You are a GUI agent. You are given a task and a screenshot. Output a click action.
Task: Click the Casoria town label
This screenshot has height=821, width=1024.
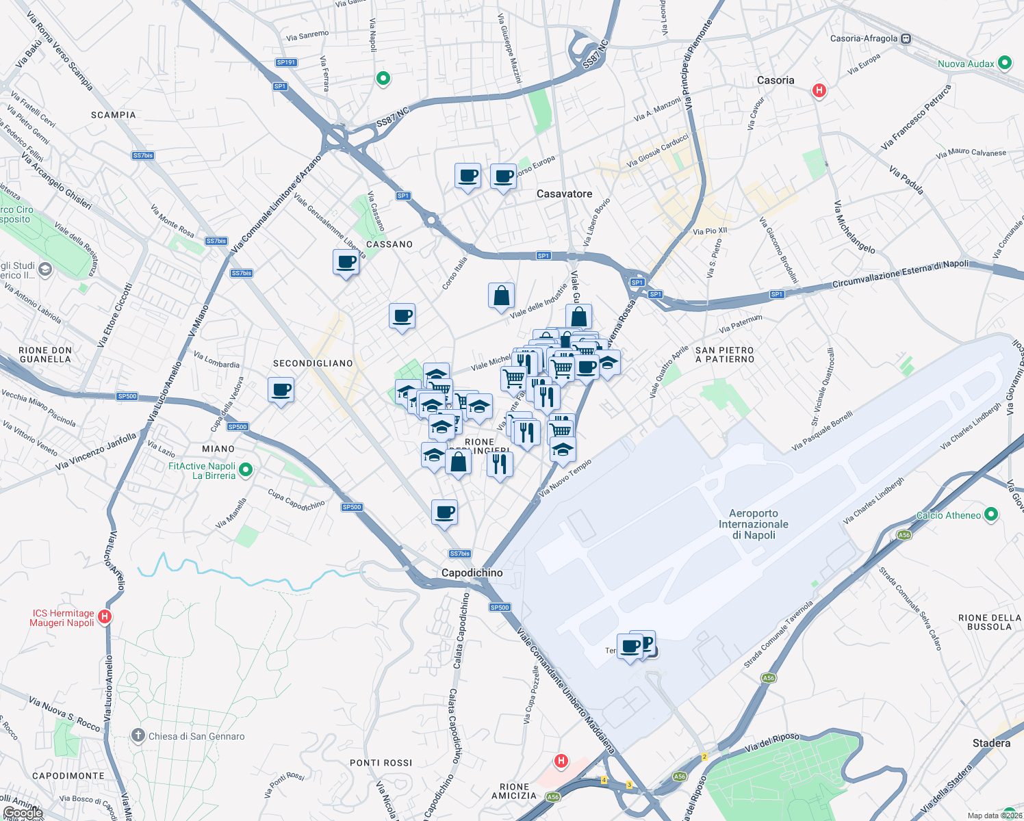776,80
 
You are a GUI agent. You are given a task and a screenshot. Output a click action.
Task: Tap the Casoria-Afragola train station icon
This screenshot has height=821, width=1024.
906,39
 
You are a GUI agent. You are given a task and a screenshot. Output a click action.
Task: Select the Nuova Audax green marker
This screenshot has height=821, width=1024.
1005,63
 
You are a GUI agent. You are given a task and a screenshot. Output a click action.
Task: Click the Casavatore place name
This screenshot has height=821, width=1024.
564,194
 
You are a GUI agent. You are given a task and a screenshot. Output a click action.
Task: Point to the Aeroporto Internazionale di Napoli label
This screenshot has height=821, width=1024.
753,524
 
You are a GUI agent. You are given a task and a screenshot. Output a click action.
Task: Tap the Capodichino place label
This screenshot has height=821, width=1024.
472,573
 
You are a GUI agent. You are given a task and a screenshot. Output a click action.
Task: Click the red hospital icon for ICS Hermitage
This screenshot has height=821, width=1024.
105,617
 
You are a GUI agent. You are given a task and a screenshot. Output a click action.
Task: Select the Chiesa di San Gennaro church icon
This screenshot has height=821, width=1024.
138,736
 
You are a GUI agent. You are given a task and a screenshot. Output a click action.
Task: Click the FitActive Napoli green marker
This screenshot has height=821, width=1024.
246,470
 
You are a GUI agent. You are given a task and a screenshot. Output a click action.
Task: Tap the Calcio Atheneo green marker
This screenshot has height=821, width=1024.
991,515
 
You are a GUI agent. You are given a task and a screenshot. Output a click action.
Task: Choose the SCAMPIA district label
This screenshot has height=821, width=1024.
114,115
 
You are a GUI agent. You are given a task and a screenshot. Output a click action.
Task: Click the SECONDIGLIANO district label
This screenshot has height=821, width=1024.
313,363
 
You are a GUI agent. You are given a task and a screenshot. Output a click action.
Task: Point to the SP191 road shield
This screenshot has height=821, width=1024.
286,62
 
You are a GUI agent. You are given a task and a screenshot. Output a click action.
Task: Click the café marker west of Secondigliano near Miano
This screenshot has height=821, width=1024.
281,390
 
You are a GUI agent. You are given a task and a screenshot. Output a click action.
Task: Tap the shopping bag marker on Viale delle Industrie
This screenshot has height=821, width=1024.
501,296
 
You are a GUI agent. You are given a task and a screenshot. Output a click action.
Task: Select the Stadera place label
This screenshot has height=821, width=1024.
991,743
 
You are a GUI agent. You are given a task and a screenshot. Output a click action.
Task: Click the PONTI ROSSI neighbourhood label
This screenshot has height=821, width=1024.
381,763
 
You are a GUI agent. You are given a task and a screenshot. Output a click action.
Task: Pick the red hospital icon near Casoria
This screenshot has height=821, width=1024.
819,90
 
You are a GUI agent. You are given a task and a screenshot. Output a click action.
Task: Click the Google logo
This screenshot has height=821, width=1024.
23,813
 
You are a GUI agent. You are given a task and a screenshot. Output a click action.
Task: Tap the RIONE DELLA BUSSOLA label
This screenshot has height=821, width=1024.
989,622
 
